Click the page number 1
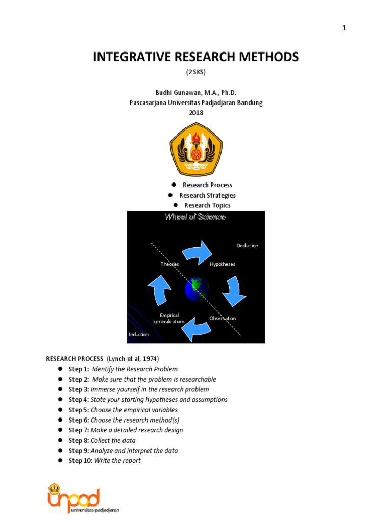[344, 28]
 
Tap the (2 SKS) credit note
[195, 72]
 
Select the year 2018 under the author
[195, 113]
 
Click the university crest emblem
[195, 149]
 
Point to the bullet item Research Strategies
[207, 195]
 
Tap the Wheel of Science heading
[195, 217]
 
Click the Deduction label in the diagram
[247, 246]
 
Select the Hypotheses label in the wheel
[222, 264]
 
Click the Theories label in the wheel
[169, 264]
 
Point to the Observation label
[223, 318]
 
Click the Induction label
[138, 334]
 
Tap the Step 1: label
[79, 369]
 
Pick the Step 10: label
[81, 461]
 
